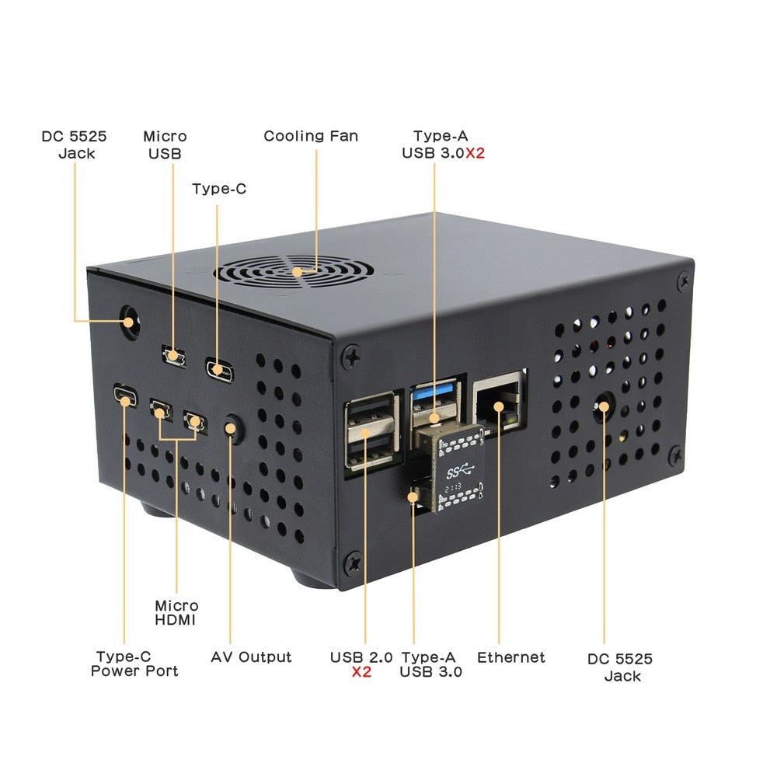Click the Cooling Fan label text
[x=310, y=136]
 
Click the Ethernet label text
[x=510, y=657]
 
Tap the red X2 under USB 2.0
[x=361, y=672]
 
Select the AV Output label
[x=251, y=657]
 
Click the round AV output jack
[x=231, y=427]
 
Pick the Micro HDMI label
[x=176, y=612]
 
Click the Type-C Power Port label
[x=134, y=664]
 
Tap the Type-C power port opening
[x=125, y=395]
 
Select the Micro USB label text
[x=165, y=145]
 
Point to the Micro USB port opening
[x=174, y=356]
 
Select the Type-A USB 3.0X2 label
[x=443, y=145]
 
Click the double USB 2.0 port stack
[x=369, y=431]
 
